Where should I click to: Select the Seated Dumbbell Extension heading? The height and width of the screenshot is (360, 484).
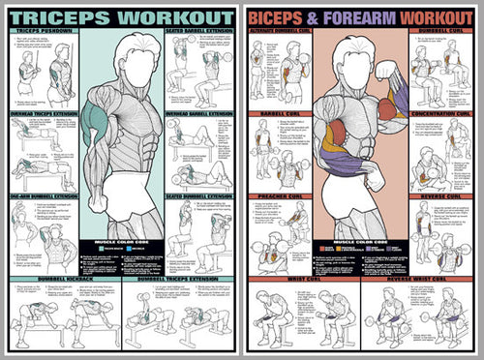[x=199, y=196]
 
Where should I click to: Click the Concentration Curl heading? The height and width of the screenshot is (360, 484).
[x=441, y=113]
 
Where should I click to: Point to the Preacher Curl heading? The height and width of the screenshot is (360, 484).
[x=278, y=196]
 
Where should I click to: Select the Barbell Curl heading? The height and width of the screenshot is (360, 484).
[x=278, y=113]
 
